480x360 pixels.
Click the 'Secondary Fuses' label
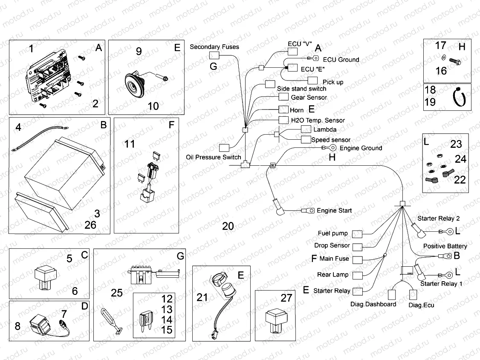(x=214, y=47)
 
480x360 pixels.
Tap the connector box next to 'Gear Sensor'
(x=284, y=97)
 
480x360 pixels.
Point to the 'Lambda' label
(x=325, y=130)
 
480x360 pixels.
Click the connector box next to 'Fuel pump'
(x=357, y=233)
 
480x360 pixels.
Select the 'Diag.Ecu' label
(x=422, y=305)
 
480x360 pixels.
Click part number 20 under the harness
(x=228, y=226)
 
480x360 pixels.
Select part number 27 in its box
(x=286, y=298)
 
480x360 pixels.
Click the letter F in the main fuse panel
(x=171, y=125)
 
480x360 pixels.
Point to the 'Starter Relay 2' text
(x=439, y=219)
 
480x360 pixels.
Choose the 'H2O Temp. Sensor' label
(x=318, y=120)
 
